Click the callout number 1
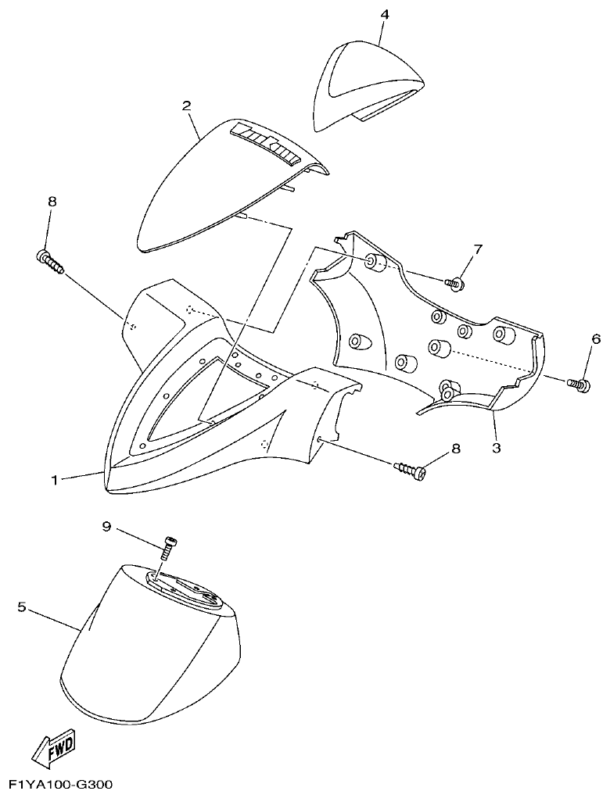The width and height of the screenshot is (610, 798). [55, 480]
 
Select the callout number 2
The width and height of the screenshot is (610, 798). [187, 105]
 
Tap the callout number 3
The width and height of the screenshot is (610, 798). [496, 448]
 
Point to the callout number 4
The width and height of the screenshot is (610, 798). [383, 15]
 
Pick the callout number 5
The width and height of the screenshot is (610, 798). [22, 606]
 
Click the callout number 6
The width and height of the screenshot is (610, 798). [596, 338]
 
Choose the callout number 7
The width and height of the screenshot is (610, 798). [477, 249]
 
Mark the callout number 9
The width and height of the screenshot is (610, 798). [107, 527]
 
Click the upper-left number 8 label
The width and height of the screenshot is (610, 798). [52, 201]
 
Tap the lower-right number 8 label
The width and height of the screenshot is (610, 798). [456, 448]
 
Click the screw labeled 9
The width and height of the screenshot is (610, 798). [167, 549]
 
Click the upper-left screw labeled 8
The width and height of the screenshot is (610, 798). [49, 260]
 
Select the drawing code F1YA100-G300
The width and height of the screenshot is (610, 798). [60, 785]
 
